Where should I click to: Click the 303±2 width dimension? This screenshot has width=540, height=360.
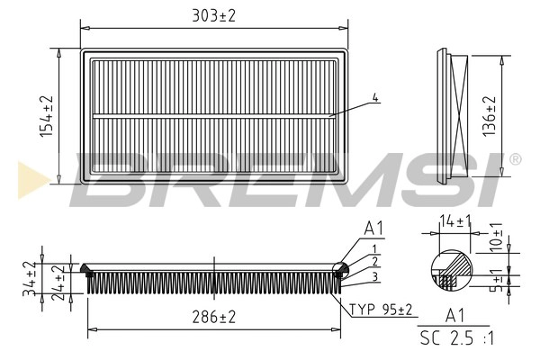212,15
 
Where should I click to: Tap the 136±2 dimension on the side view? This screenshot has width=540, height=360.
490,116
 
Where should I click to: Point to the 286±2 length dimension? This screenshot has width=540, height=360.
214,317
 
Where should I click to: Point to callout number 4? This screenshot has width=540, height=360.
375,97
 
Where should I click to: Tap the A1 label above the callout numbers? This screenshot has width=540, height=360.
373,229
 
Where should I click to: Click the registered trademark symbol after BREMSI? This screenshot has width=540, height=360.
515,159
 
